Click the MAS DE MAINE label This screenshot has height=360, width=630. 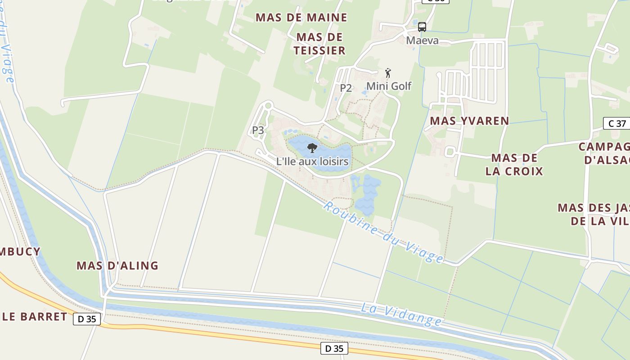tap(301, 18)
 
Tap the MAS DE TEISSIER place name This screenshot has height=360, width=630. tap(319, 44)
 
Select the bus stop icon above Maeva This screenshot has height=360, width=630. tap(422, 27)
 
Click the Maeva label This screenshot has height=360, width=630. tap(422, 40)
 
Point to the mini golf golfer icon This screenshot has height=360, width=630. tap(388, 73)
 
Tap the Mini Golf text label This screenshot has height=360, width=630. tap(389, 86)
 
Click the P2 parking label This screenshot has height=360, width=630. tap(346, 88)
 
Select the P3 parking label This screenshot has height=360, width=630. tap(258, 130)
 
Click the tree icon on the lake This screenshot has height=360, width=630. tap(312, 148)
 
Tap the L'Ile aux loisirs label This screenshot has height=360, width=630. tap(312, 161)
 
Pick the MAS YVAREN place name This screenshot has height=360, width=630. tap(469, 121)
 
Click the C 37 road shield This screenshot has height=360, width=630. tap(617, 123)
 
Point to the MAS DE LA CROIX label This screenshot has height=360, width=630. tap(514, 164)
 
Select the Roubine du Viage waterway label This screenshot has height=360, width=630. tap(383, 233)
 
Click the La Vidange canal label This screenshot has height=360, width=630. tap(401, 314)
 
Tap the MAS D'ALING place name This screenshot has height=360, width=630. tap(117, 265)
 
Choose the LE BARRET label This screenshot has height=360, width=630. tap(35, 316)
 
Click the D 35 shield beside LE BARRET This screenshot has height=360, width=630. tap(87, 319)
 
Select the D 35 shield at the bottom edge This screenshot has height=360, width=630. tap(334, 348)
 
